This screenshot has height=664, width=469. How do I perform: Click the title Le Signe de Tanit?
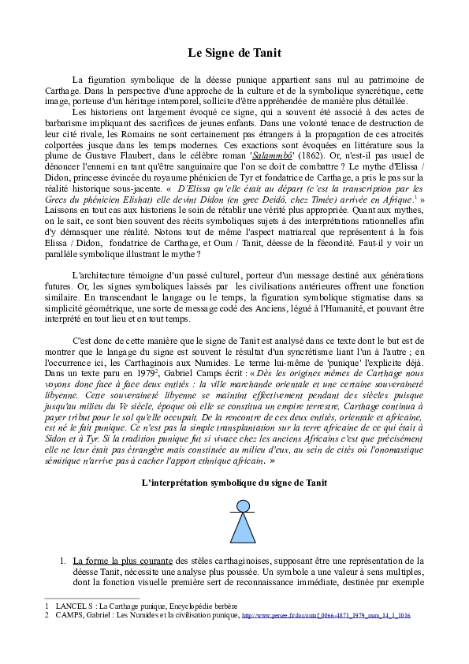coord(234,53)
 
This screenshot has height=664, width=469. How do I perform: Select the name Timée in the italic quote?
coord(324,201)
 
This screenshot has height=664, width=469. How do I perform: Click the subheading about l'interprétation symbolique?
coord(234,480)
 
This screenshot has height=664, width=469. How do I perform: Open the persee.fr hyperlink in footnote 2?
coord(326,615)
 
